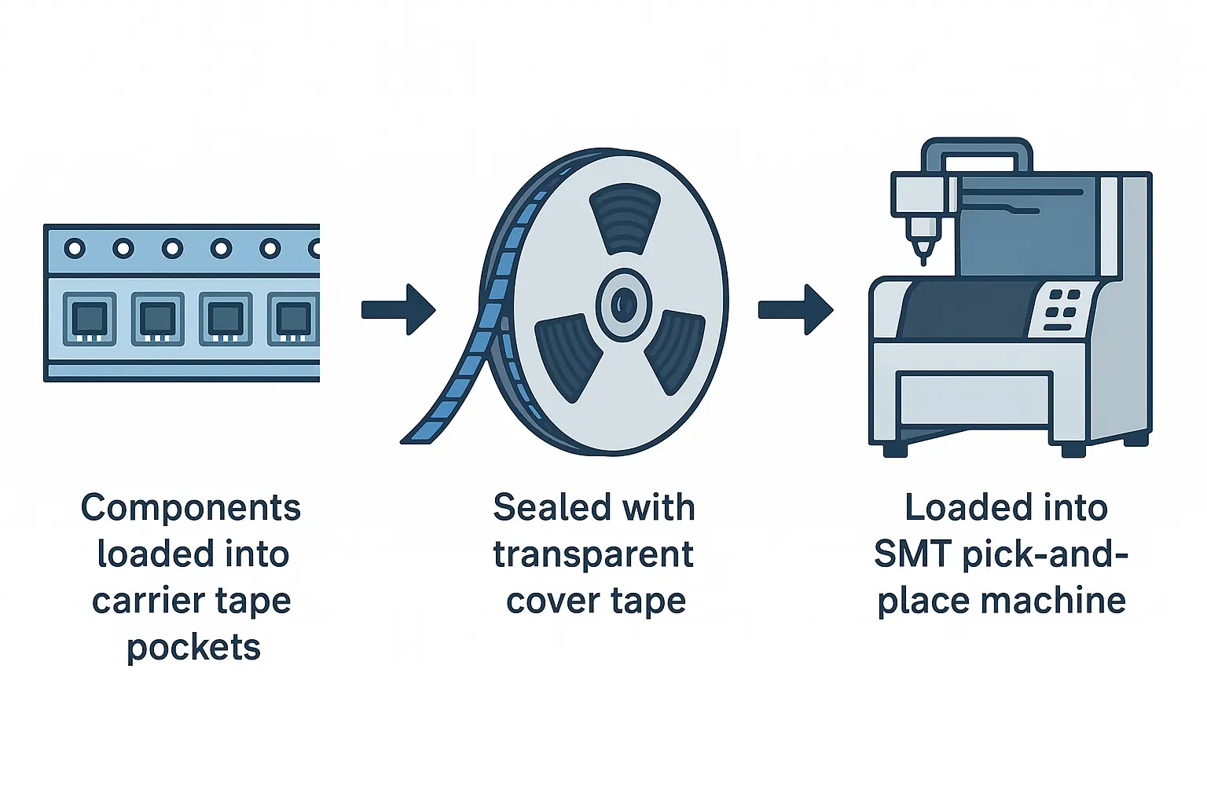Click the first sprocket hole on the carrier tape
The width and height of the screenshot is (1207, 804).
pyautogui.click(x=75, y=248)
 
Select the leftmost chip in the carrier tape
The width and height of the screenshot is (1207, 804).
pyautogui.click(x=90, y=319)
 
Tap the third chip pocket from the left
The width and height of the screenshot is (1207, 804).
pyautogui.click(x=226, y=319)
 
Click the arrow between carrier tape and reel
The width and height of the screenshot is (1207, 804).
pyautogui.click(x=398, y=309)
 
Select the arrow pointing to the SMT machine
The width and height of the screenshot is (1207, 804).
pyautogui.click(x=796, y=309)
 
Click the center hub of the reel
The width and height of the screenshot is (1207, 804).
pyautogui.click(x=623, y=305)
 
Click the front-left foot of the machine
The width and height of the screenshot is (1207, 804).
pyautogui.click(x=894, y=450)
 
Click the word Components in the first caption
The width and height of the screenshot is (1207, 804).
pyautogui.click(x=191, y=507)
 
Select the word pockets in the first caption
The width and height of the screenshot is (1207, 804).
pyautogui.click(x=193, y=647)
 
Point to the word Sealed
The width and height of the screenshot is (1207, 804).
pyautogui.click(x=546, y=507)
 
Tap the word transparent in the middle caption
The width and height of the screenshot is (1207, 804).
pyautogui.click(x=593, y=554)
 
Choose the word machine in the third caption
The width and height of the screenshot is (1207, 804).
pyautogui.click(x=1053, y=600)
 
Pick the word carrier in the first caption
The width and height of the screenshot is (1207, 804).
pyautogui.click(x=145, y=601)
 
